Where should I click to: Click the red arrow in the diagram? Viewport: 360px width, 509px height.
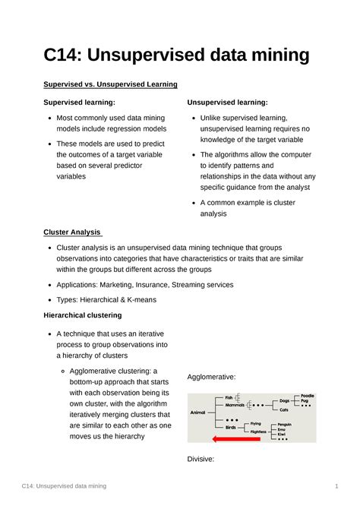(235, 439)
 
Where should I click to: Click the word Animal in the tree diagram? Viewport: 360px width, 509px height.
(197, 412)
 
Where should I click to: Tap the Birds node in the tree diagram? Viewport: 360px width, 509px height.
(230, 427)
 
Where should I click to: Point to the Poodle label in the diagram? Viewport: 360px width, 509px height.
(307, 396)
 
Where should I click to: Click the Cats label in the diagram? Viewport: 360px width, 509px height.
(284, 409)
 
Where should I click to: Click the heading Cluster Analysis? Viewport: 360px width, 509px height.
(71, 232)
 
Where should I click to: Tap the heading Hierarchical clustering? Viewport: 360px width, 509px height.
(83, 315)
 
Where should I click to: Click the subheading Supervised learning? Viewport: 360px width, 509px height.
(79, 102)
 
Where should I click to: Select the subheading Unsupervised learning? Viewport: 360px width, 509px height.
(227, 102)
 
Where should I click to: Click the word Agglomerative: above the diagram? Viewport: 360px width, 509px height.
(211, 376)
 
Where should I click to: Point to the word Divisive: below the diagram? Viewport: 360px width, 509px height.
(201, 459)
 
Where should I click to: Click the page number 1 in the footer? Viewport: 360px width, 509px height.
(336, 485)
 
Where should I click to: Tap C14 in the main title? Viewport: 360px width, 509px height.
(66, 55)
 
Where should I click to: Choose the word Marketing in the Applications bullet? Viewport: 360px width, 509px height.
(134, 284)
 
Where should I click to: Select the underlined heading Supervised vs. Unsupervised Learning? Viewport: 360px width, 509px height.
(110, 84)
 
